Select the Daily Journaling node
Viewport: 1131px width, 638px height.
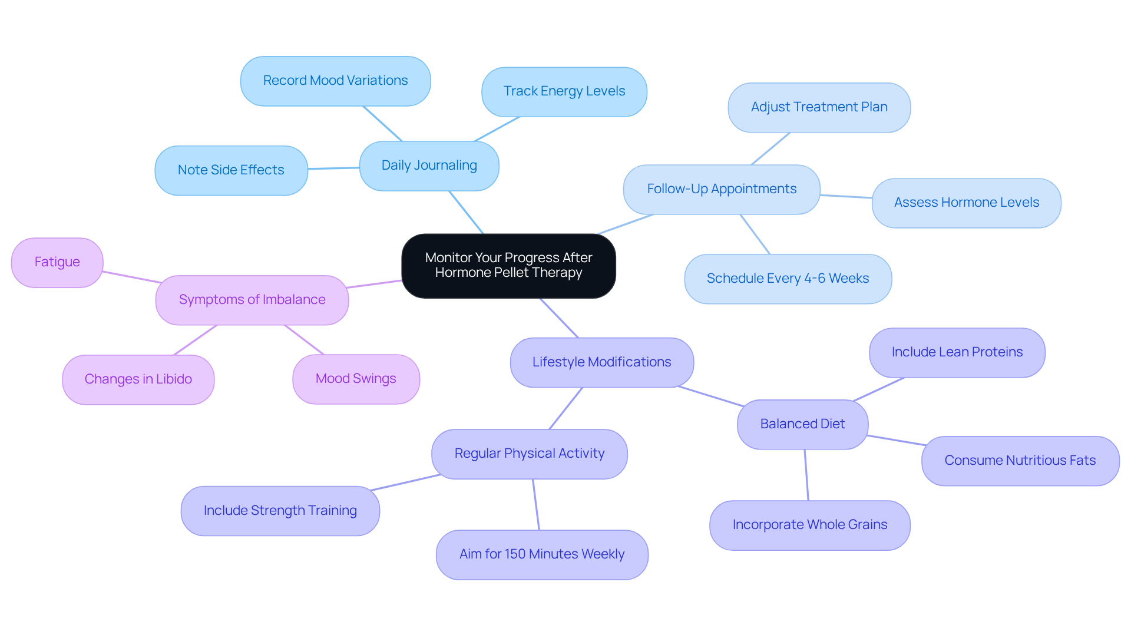429,166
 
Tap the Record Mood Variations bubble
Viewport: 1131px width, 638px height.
335,81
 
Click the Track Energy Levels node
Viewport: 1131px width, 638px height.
564,91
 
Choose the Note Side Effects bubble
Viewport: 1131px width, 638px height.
231,170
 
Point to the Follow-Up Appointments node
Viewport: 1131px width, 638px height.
721,189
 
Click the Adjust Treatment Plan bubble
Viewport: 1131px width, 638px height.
819,107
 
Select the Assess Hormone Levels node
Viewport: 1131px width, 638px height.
966,203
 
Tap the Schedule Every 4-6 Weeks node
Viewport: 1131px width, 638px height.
788,279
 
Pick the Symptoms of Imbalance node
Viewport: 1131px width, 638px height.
252,300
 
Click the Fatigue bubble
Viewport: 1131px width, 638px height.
57,262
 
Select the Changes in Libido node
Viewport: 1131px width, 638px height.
138,379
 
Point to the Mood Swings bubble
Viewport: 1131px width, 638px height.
356,379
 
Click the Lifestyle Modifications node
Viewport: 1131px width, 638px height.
601,362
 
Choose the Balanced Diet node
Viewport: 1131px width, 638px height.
802,424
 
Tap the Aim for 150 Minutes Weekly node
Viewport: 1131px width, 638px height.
541,554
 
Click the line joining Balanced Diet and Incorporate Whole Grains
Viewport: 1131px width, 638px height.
806,475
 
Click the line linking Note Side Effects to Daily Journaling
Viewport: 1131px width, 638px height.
333,168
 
